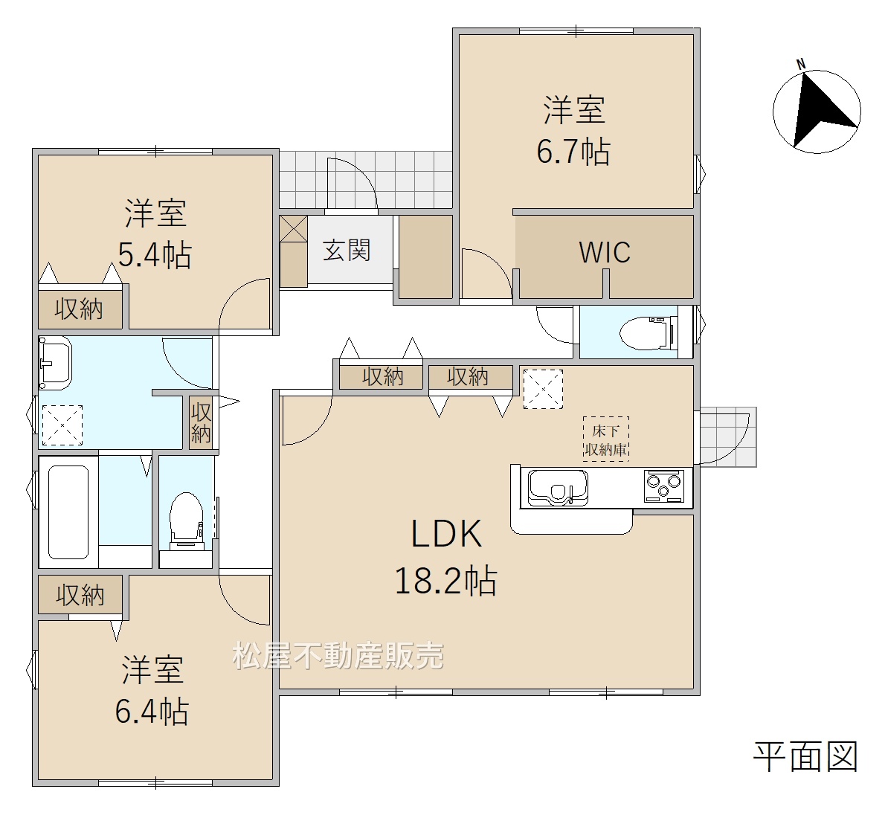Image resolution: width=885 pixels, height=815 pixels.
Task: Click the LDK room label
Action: tap(446, 533)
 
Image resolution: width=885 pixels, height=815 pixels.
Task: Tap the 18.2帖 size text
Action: tap(445, 581)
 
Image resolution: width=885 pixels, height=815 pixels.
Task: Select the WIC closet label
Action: tap(605, 252)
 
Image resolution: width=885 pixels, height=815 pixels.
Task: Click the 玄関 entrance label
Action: tap(347, 250)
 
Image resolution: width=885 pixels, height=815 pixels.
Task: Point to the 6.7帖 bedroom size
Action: tap(573, 151)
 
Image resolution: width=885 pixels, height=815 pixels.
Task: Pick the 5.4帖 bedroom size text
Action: tap(155, 255)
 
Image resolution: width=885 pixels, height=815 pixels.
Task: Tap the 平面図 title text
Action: tap(805, 757)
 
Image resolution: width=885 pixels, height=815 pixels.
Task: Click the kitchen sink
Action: tap(558, 488)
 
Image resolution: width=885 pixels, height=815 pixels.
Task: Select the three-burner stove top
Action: tap(664, 486)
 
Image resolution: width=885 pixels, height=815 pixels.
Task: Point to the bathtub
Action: tap(68, 512)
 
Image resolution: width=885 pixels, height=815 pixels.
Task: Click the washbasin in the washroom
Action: tap(55, 363)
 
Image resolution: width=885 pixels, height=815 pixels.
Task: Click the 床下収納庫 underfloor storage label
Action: tap(605, 440)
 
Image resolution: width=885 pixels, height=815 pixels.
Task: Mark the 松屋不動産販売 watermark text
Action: tap(338, 656)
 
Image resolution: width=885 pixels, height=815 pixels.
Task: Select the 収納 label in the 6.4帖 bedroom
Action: tap(80, 596)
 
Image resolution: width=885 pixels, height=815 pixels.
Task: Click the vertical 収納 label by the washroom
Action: tap(200, 422)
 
